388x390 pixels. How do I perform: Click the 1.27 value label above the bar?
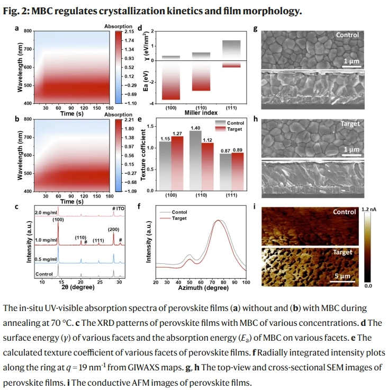click(x=177, y=132)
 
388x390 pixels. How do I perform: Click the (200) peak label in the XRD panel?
click(x=114, y=229)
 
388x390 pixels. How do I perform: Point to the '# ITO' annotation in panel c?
click(x=118, y=208)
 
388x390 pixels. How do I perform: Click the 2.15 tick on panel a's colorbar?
click(x=129, y=32)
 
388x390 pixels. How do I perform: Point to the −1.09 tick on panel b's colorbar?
click(x=130, y=191)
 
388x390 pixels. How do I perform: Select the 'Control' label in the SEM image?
click(x=347, y=36)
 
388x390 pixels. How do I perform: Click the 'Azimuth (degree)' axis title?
click(x=198, y=288)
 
